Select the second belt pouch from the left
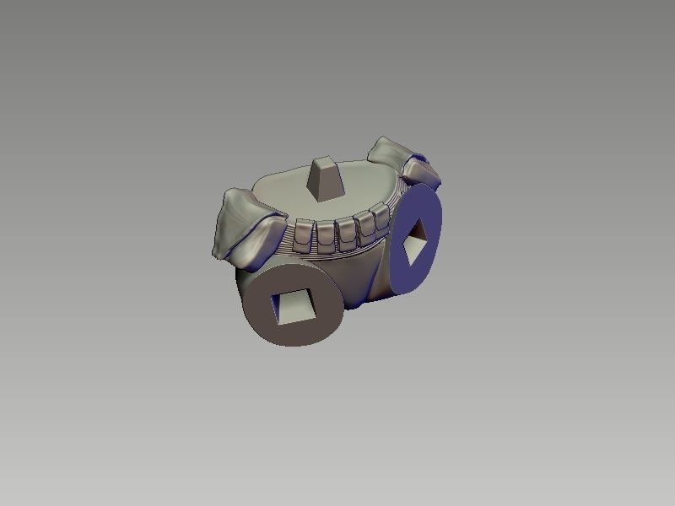327,237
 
